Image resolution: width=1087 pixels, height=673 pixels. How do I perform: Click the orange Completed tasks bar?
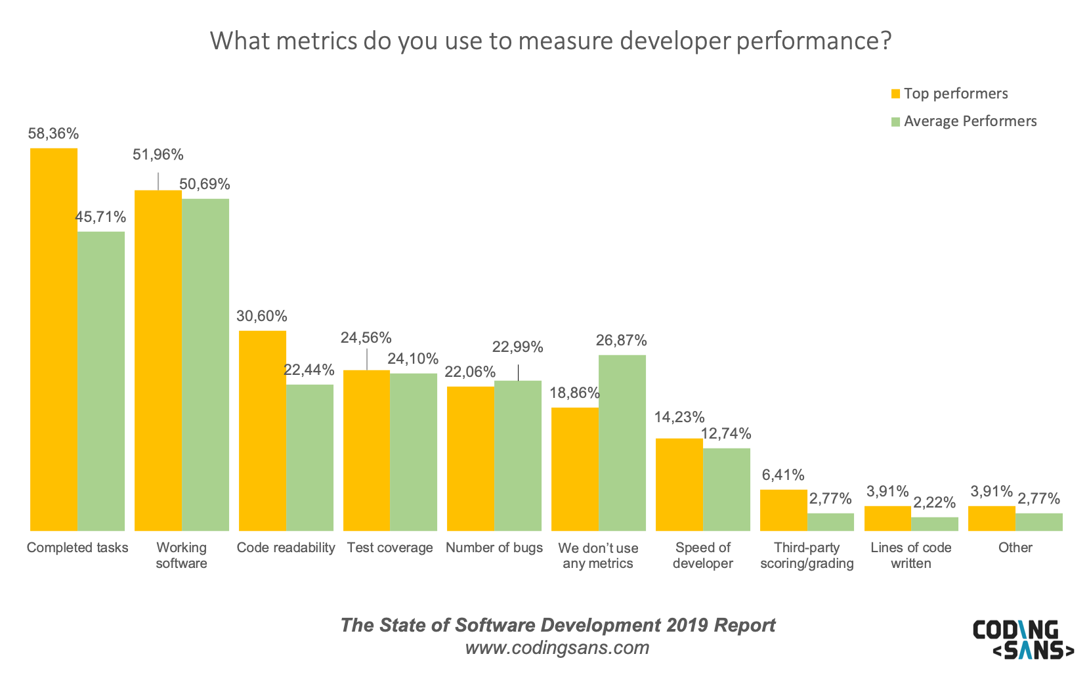(54, 339)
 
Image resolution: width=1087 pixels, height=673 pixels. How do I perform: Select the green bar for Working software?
(205, 364)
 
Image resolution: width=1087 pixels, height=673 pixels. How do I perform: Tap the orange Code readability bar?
(262, 431)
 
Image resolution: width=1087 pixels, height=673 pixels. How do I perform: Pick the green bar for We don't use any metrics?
(622, 443)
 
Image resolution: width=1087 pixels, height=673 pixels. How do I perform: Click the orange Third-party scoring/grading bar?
(783, 510)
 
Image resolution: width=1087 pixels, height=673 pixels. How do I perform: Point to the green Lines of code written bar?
(934, 524)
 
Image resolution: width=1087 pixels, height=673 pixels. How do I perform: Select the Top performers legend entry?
(949, 94)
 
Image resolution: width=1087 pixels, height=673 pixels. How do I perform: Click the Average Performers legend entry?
(964, 121)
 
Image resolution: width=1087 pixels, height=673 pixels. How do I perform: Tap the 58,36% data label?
(53, 134)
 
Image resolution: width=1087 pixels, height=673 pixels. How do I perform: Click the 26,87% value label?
(621, 340)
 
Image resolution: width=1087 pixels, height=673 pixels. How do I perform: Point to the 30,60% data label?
(261, 316)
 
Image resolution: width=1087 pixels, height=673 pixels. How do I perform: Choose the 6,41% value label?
(783, 475)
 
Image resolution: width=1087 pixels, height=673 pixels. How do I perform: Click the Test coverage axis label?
(390, 548)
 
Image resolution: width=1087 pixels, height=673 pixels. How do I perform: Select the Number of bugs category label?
(494, 548)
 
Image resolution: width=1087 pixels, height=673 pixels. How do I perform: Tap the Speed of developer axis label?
(702, 555)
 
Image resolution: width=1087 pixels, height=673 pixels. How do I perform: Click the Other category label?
(1015, 548)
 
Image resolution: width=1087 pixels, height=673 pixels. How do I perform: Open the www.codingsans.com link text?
(557, 648)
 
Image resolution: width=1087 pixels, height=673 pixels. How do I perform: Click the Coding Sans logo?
(1023, 639)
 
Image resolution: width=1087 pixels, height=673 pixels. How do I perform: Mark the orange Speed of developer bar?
(679, 485)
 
